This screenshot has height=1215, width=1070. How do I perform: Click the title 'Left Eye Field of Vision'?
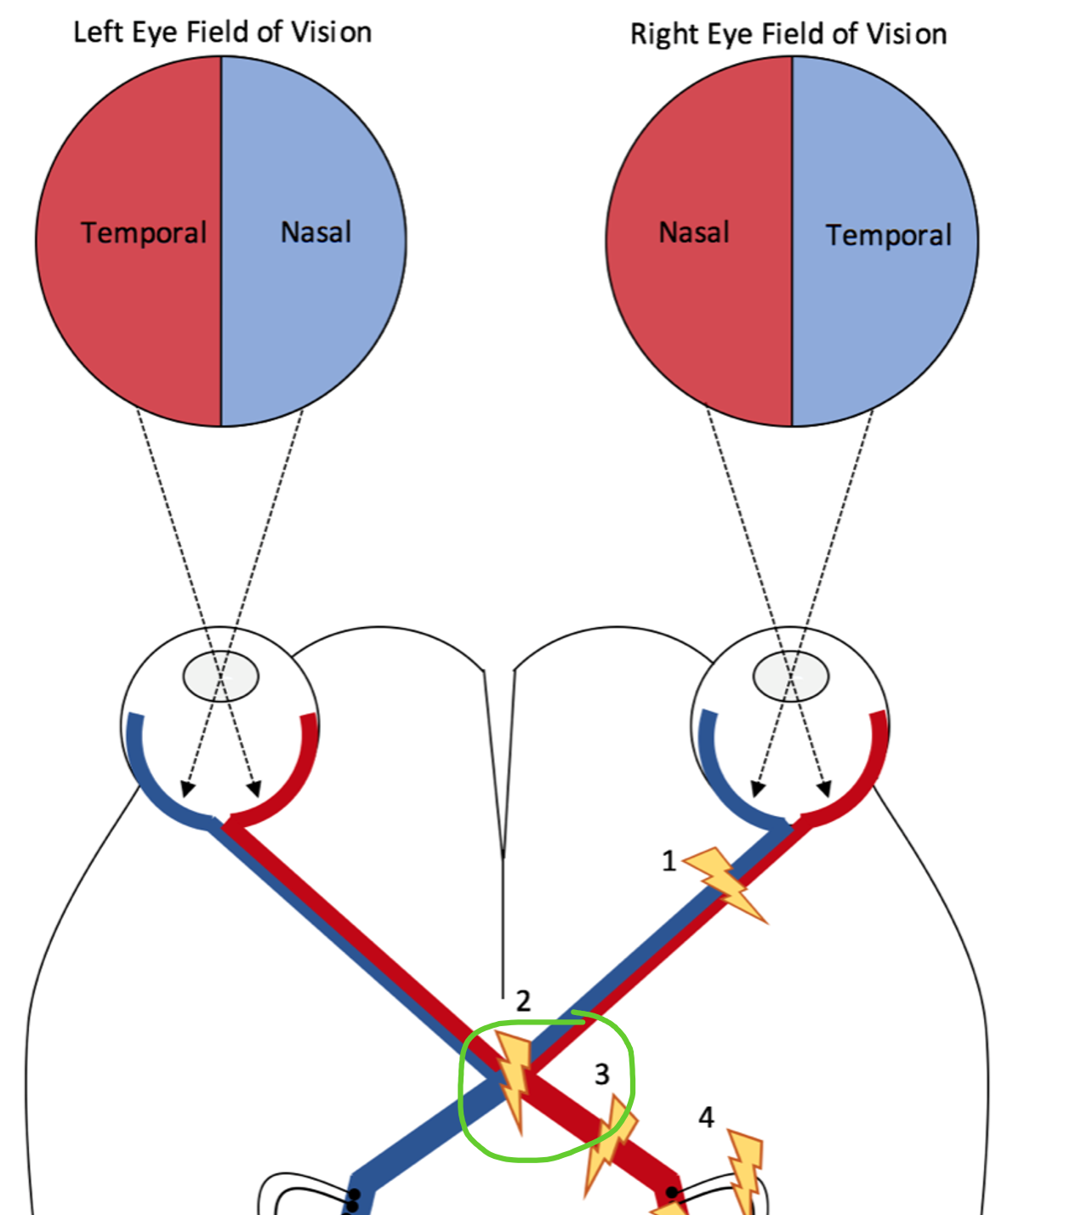[x=222, y=32]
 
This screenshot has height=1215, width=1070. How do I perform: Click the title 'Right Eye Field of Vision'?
[x=788, y=34]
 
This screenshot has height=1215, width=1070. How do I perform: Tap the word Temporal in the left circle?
[x=144, y=232]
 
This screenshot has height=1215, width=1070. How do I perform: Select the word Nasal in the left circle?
[x=316, y=231]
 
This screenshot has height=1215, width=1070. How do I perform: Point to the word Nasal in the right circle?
[x=694, y=231]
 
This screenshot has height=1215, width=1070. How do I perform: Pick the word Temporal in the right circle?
[x=888, y=235]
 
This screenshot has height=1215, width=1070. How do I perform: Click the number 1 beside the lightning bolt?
[x=669, y=861]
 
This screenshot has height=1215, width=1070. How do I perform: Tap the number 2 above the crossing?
[x=523, y=1001]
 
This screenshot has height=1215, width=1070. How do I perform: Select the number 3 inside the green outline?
[x=602, y=1074]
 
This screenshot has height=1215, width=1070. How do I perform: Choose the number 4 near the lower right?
[x=706, y=1117]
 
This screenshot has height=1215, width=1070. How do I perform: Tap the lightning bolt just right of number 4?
[x=746, y=1170]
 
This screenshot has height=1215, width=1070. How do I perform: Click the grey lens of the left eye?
[x=221, y=676]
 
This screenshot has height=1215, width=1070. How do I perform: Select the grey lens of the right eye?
[x=791, y=676]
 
